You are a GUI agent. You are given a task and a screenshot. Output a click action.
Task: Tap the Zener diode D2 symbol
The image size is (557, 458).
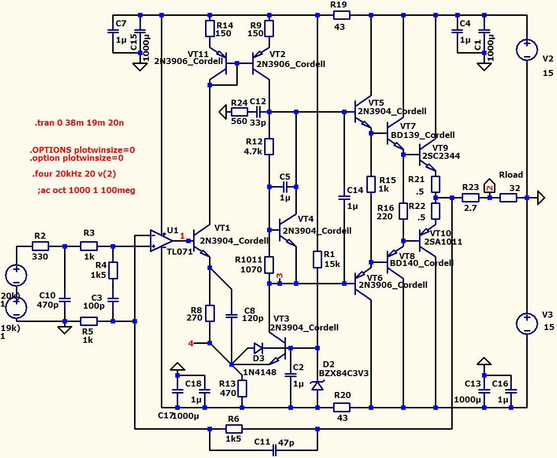(317, 385)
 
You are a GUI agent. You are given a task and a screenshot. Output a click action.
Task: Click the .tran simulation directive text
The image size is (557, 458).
(79, 123)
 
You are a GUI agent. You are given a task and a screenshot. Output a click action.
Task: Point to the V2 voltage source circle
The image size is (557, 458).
(526, 50)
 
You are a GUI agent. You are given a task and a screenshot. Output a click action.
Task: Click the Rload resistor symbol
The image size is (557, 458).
(508, 197)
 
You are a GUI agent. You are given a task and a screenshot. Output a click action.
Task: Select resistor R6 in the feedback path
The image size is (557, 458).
(233, 429)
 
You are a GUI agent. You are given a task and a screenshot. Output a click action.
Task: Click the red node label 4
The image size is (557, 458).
(191, 343)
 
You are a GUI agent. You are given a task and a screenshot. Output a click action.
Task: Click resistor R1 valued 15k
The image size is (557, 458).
(317, 260)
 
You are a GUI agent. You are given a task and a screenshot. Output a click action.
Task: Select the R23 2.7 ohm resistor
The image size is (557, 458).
(470, 197)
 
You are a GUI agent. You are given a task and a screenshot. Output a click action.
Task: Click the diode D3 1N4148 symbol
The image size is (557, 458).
(259, 347)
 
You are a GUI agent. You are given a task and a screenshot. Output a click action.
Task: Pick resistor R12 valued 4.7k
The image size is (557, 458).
(269, 146)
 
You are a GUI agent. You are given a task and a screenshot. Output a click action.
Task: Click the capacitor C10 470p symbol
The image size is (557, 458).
(65, 300)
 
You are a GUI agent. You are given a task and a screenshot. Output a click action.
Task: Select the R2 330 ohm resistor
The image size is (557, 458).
(40, 246)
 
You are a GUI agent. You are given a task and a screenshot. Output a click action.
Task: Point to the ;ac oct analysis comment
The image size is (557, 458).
(86, 190)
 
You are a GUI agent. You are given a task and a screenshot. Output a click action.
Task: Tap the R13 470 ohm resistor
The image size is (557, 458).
(242, 388)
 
